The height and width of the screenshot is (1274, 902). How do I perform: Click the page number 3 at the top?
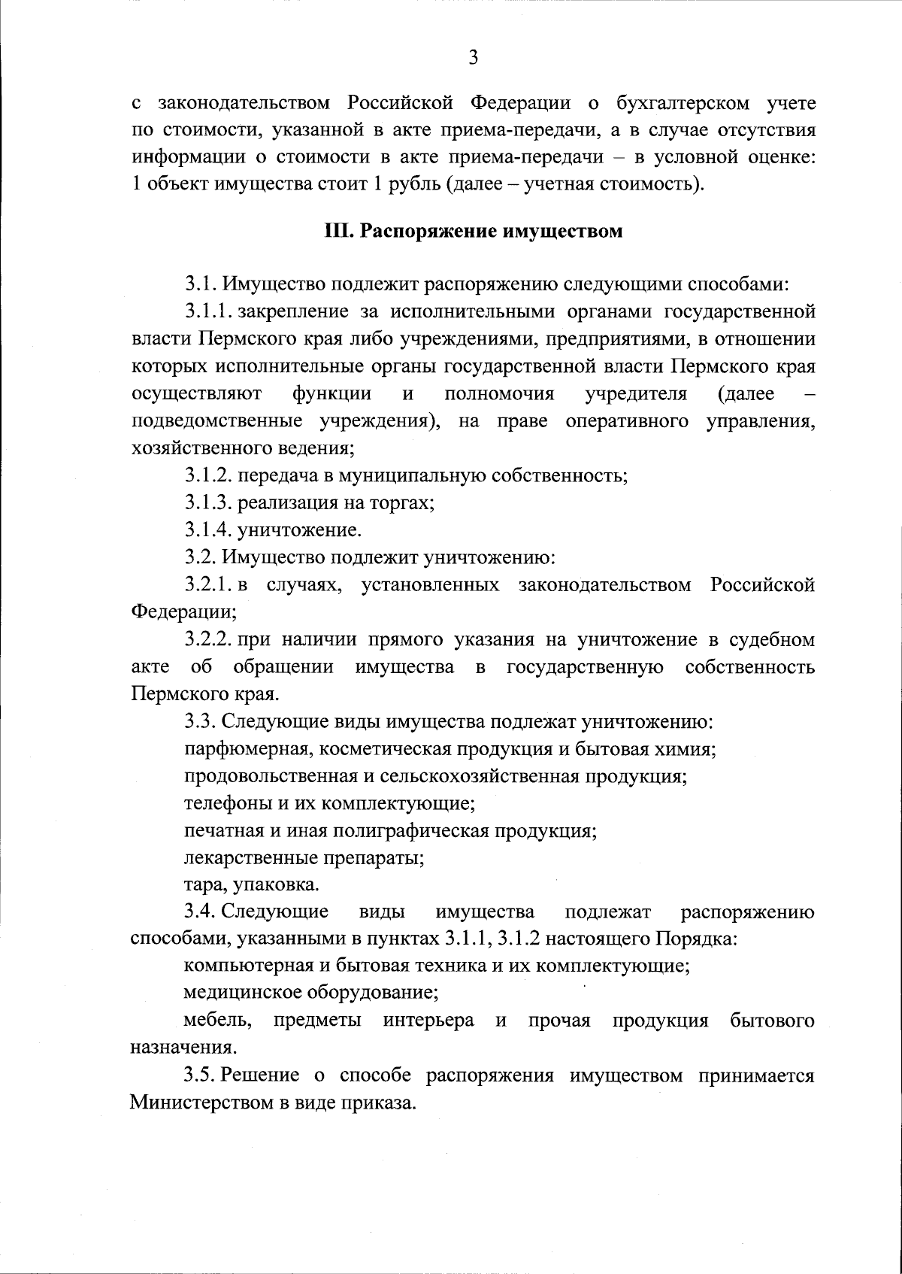point(473,57)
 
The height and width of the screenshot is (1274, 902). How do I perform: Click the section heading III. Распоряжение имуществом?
point(473,230)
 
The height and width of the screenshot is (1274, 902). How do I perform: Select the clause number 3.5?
point(201,1075)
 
